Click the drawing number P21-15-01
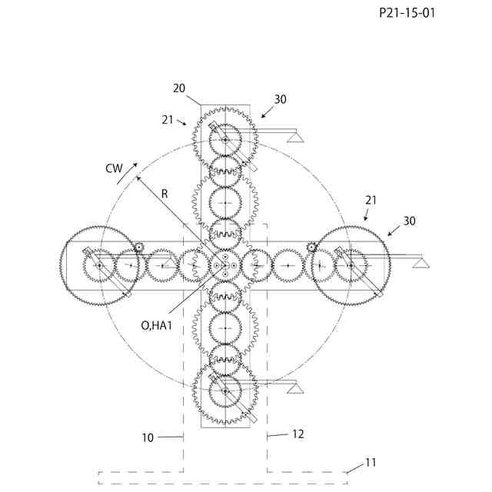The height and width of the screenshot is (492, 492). click(x=407, y=13)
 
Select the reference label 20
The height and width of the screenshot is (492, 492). click(x=178, y=88)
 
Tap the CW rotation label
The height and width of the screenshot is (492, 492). click(x=115, y=168)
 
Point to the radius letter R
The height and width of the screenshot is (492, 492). click(x=165, y=194)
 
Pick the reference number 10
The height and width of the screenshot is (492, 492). click(x=148, y=437)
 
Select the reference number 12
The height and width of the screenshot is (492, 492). click(x=298, y=434)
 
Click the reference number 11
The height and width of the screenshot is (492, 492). click(x=371, y=462)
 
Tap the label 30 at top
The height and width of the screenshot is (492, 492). click(x=281, y=99)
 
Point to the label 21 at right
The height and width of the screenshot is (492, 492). click(x=371, y=200)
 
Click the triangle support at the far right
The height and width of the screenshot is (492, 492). click(x=420, y=262)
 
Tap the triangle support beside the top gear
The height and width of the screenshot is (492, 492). click(x=294, y=137)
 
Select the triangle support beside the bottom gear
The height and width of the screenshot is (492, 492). click(x=294, y=387)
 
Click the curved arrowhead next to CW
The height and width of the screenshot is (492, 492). click(x=135, y=165)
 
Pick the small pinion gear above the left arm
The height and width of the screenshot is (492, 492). click(x=139, y=247)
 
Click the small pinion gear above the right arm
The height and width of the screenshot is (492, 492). click(x=312, y=247)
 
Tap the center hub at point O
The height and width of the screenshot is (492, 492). click(x=224, y=264)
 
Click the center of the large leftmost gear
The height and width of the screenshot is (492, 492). click(x=100, y=265)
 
